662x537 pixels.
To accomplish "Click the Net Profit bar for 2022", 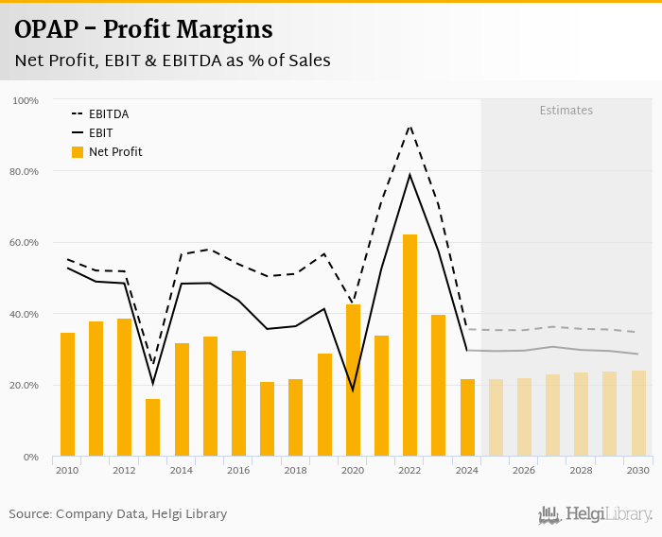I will (x=409, y=345).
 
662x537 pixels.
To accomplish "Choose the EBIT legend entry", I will (x=101, y=133).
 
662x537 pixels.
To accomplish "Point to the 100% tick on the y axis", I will (x=26, y=100).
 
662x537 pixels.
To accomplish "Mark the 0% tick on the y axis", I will (x=31, y=457).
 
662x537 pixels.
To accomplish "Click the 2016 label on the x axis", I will (x=238, y=470).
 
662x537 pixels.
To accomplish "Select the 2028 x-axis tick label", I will (x=581, y=470).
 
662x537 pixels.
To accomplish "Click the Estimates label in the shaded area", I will (x=566, y=111).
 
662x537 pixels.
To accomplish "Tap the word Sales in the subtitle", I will (x=306, y=61).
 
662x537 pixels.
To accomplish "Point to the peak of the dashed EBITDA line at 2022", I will (x=409, y=126).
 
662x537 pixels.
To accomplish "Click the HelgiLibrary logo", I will (x=595, y=514).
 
